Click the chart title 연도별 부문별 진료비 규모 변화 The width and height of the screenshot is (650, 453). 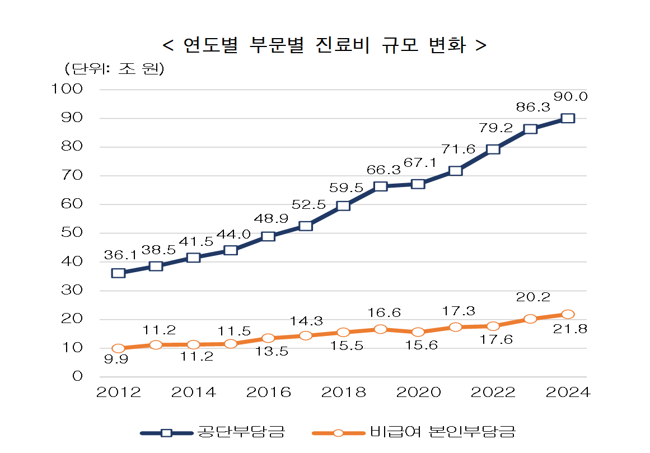pyautogui.click(x=324, y=45)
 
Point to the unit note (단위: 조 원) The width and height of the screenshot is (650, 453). pyautogui.click(x=114, y=69)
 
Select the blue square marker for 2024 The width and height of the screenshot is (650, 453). pyautogui.click(x=568, y=118)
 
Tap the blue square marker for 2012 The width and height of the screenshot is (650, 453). pyautogui.click(x=118, y=273)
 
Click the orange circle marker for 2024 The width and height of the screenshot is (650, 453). pyautogui.click(x=568, y=314)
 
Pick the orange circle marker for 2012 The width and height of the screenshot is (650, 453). pyautogui.click(x=118, y=348)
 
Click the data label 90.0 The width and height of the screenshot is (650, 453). pyautogui.click(x=570, y=96)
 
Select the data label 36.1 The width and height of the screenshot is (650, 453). pyautogui.click(x=121, y=255)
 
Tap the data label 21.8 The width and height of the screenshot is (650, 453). pyautogui.click(x=570, y=329)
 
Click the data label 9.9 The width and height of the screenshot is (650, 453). pyautogui.click(x=116, y=359)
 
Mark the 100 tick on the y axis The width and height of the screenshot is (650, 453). pyautogui.click(x=67, y=89)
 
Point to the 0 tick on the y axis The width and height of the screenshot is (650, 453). pyautogui.click(x=77, y=376)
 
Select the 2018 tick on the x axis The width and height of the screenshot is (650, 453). pyautogui.click(x=343, y=393)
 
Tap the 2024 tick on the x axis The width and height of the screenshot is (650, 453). pyautogui.click(x=568, y=393)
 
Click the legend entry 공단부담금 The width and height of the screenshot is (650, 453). pyautogui.click(x=241, y=432)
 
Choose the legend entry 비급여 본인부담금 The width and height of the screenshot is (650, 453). pyautogui.click(x=442, y=432)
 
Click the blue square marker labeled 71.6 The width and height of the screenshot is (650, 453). pyautogui.click(x=455, y=170)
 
